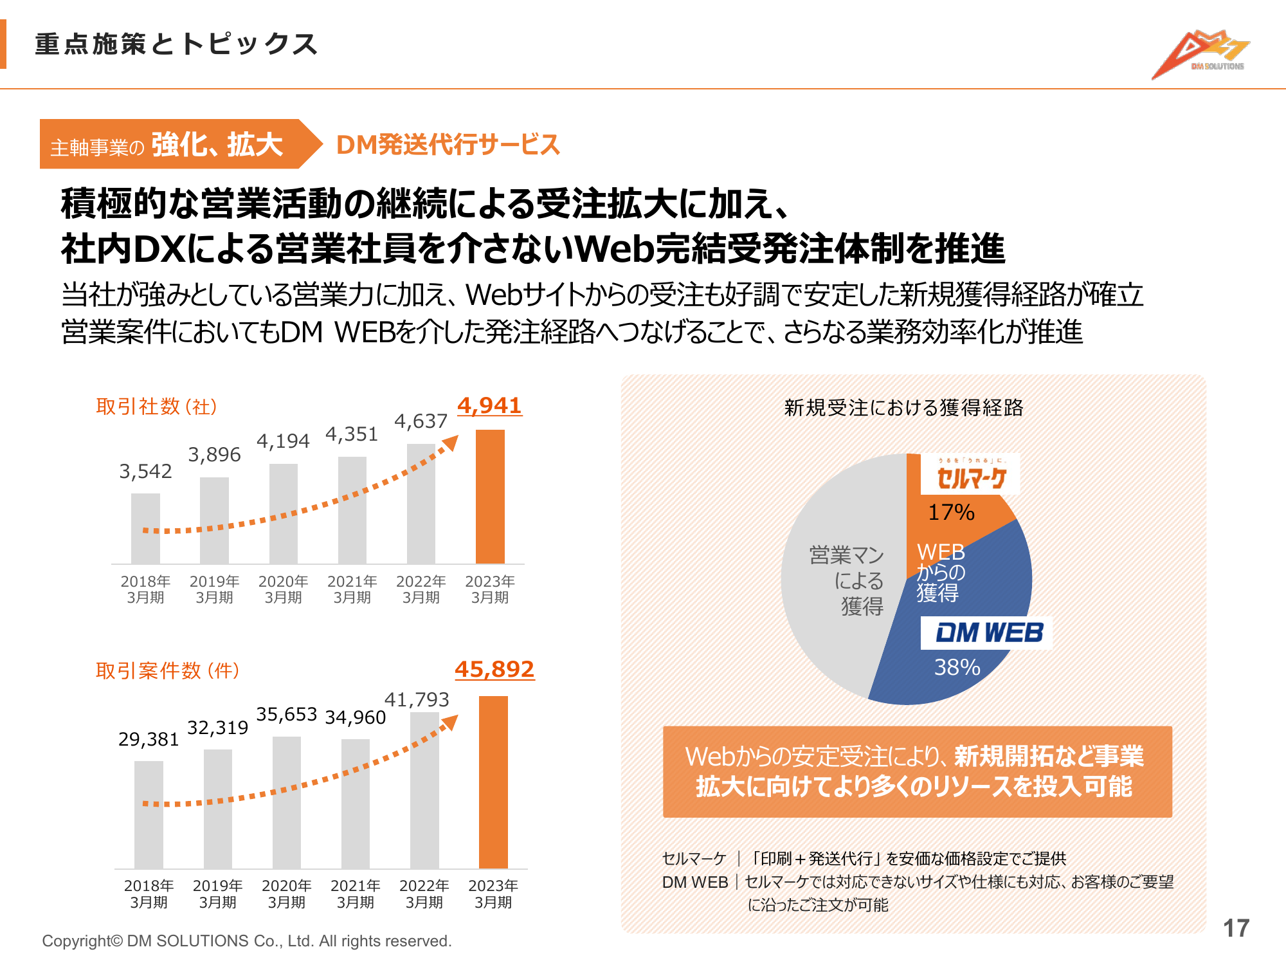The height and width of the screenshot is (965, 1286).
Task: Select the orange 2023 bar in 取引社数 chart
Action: tap(490, 497)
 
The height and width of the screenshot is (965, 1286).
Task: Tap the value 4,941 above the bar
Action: tap(489, 405)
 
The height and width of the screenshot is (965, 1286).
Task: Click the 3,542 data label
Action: tap(145, 472)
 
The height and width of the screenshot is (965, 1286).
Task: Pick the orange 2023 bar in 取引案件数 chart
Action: tap(493, 782)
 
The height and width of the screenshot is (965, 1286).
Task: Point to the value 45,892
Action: tap(494, 669)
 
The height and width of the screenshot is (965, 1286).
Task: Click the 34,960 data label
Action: tap(356, 717)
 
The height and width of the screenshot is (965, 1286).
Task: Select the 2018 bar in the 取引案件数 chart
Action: tap(149, 814)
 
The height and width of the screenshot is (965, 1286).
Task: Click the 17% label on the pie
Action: tap(951, 512)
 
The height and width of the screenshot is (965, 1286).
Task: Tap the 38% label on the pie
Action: tap(957, 667)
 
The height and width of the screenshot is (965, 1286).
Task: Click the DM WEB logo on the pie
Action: tap(989, 632)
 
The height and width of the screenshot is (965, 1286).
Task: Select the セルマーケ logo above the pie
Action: tap(970, 475)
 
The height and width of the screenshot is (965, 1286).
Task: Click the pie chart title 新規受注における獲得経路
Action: tap(903, 407)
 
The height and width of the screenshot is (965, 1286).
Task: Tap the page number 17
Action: tap(1236, 928)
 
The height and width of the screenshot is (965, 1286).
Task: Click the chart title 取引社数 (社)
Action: tap(156, 407)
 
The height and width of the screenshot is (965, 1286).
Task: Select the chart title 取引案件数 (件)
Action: tap(167, 671)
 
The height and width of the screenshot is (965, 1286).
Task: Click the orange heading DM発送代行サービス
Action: tap(448, 145)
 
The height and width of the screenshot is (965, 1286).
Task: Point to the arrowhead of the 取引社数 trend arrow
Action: tap(451, 443)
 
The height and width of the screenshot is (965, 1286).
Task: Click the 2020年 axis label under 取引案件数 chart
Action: tap(286, 894)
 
